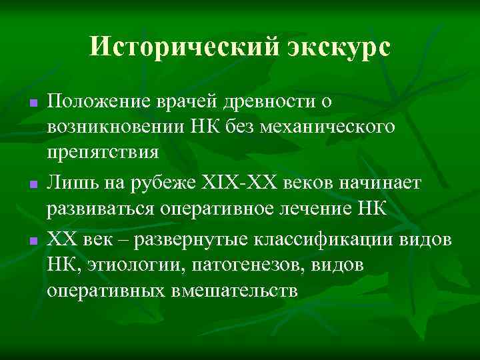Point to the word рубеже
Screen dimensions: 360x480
172,181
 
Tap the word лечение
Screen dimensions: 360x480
320,206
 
